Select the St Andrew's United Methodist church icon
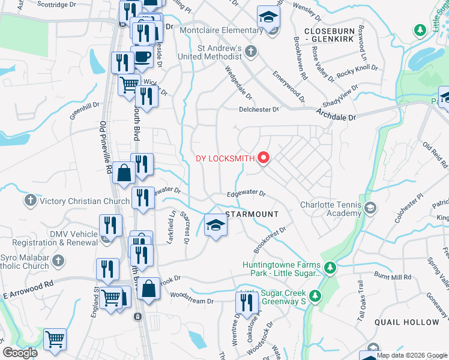[252, 52]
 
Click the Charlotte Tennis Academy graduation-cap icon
[370, 208]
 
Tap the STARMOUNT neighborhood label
[252, 214]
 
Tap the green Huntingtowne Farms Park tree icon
[329, 266]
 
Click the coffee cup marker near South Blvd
[142, 58]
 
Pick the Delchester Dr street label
[259, 110]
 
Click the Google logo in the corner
[20, 353]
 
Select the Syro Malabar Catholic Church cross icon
[58, 260]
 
